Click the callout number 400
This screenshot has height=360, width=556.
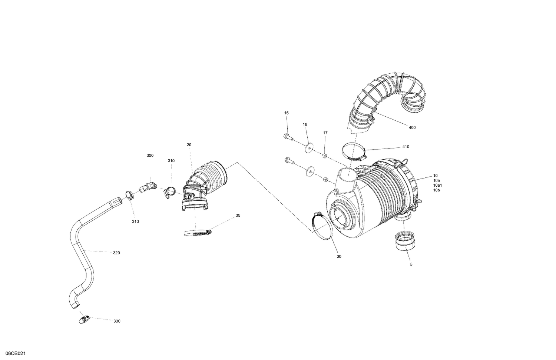(412, 127)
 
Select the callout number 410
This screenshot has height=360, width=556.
(406, 147)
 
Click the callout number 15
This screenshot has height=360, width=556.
(287, 113)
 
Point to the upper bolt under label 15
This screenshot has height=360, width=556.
(288, 137)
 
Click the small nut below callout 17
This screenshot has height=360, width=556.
(324, 155)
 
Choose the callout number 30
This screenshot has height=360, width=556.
(339, 256)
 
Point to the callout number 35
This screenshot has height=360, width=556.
(238, 215)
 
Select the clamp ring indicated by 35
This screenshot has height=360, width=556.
(196, 233)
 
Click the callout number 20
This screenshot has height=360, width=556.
(189, 145)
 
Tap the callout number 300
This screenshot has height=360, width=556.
(150, 156)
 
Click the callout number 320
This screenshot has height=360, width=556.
(116, 253)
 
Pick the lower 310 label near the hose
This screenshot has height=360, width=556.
(135, 221)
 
